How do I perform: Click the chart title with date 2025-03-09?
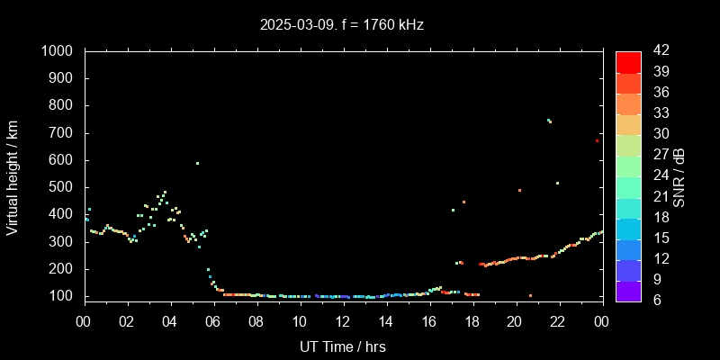click(342, 24)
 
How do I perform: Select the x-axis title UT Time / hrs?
click(342, 346)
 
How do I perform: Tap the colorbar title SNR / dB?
click(679, 175)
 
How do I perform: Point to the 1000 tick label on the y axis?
click(58, 51)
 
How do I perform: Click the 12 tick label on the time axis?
click(342, 320)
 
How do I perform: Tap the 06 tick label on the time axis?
click(213, 320)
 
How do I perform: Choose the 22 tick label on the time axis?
click(558, 320)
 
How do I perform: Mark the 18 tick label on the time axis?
click(472, 320)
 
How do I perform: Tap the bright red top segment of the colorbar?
click(628, 61)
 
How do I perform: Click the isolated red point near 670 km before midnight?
click(597, 140)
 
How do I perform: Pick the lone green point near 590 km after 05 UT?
click(197, 163)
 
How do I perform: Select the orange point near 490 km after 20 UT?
click(519, 190)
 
